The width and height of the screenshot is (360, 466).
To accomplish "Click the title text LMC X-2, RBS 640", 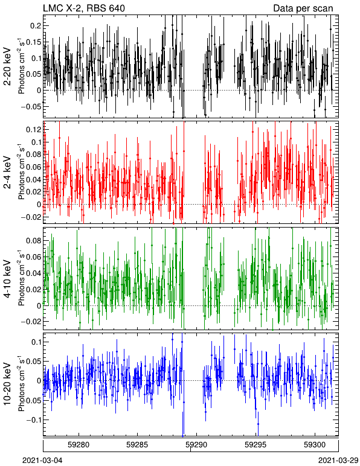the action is click(84, 8).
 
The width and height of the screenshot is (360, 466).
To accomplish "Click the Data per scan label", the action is click(303, 8).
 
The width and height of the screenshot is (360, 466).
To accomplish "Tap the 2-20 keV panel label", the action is click(7, 66).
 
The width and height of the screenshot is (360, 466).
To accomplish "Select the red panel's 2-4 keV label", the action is click(7, 173).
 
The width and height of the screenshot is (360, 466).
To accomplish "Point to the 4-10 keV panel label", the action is click(7, 278).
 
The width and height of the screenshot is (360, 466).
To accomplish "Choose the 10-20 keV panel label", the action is click(7, 384).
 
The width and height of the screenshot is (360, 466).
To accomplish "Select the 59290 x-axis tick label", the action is click(196, 445).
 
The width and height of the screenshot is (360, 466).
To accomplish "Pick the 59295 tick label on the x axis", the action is click(256, 445).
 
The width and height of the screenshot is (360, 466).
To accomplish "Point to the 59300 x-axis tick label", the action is click(315, 445).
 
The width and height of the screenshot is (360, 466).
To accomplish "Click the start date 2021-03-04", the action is click(42, 461).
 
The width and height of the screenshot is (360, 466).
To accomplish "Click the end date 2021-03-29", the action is click(338, 461).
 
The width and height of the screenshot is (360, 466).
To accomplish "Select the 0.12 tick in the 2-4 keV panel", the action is click(34, 130).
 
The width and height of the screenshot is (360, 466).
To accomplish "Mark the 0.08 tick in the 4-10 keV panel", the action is click(34, 240).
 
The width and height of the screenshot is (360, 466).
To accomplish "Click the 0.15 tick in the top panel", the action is click(34, 42).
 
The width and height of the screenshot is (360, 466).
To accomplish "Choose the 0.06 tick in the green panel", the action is click(34, 257).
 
